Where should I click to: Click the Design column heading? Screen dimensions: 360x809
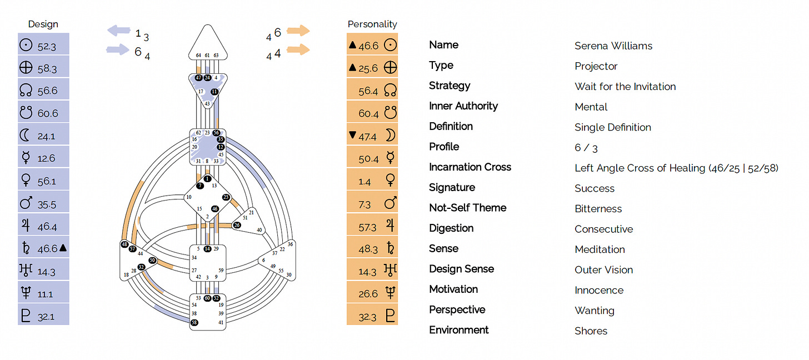[43, 24]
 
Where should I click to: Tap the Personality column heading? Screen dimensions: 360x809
[372, 24]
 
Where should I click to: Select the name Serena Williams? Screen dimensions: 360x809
[613, 46]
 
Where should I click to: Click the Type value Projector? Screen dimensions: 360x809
[596, 66]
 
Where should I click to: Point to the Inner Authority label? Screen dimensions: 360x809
[463, 106]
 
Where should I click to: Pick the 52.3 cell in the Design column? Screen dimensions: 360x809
[43, 44]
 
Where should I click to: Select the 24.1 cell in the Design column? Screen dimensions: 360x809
[43, 135]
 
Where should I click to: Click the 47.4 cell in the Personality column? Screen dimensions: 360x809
[372, 135]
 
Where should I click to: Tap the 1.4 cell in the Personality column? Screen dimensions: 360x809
[372, 181]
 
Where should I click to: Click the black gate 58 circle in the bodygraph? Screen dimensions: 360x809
[194, 322]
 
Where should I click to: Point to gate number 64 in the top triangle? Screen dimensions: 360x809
[198, 55]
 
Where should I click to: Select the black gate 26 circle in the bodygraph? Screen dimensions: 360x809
[237, 225]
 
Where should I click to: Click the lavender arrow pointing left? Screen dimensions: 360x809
[120, 31]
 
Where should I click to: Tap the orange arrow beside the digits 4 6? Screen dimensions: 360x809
[298, 31]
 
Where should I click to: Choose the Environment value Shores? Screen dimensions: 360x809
[591, 331]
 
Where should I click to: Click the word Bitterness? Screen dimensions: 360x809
[598, 208]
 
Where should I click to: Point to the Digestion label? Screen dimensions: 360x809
[451, 228]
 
